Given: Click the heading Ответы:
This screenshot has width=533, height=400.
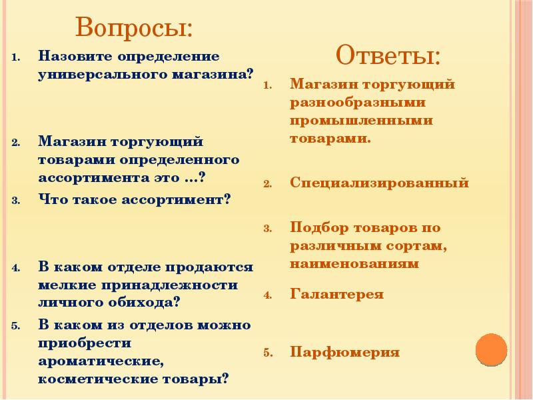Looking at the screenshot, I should point(388,54).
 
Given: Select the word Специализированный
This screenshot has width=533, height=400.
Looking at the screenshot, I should point(379,183).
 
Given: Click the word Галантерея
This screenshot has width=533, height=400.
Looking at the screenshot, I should point(336,294).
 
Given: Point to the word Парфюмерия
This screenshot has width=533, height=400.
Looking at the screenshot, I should point(344,352).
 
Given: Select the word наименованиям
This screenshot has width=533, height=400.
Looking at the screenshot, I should point(354,263).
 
